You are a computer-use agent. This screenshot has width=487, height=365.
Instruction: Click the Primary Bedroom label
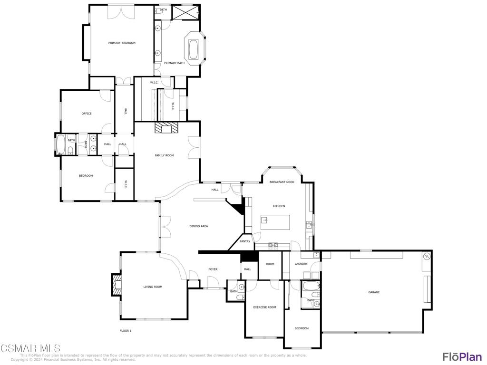[122, 43]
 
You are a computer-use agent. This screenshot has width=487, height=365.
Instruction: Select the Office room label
[87, 114]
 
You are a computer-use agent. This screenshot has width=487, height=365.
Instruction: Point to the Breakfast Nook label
[282, 182]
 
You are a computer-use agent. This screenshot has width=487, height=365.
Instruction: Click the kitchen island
[275, 222]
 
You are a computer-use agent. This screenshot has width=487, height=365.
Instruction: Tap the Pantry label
[245, 241]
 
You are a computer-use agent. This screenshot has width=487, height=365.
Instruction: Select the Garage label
[374, 292]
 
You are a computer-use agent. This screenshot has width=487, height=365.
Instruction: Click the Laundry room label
[301, 264]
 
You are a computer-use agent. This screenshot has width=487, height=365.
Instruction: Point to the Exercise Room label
[264, 307]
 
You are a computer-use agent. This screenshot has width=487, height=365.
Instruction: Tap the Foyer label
[213, 269]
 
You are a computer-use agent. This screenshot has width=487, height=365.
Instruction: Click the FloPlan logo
[462, 356]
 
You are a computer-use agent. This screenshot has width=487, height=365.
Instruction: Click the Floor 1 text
[125, 331]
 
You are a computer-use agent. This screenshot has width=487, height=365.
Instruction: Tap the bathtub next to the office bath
[61, 144]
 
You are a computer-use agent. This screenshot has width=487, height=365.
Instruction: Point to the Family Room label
[164, 155]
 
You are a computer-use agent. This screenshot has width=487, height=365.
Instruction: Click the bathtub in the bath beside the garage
[311, 287]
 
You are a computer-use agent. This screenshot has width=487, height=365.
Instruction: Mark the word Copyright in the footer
[19, 360]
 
